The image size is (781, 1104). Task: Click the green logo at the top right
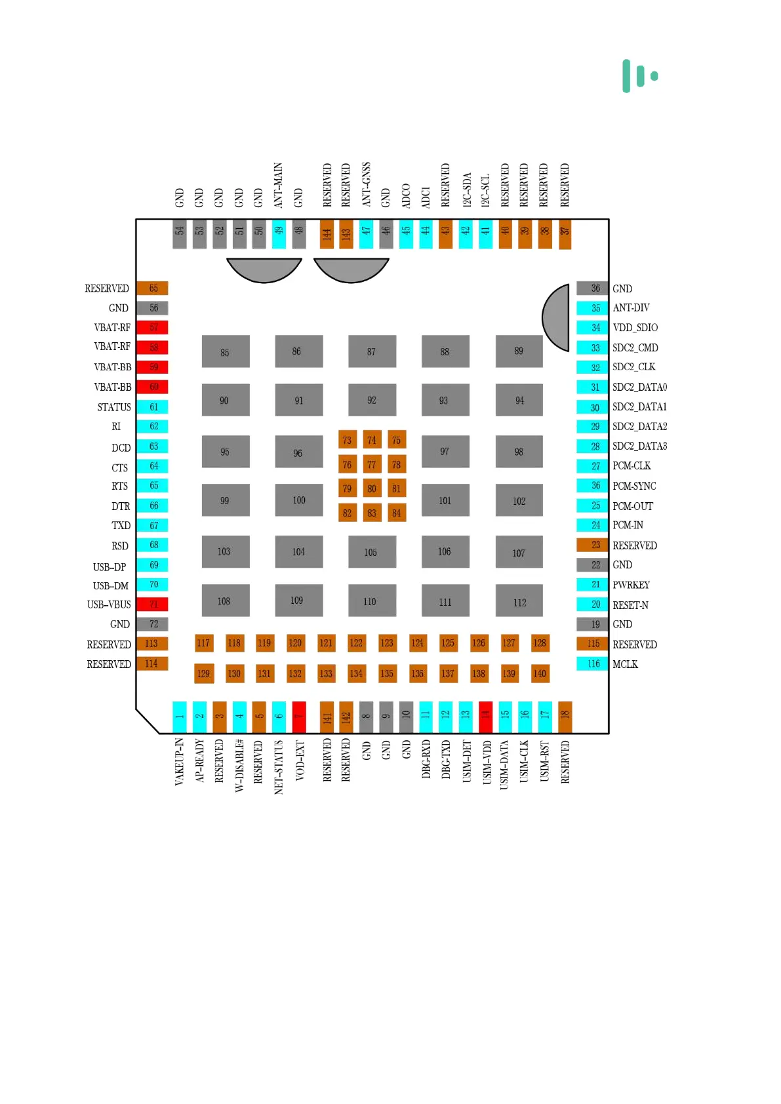[640, 75]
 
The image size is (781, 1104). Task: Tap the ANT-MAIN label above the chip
[278, 186]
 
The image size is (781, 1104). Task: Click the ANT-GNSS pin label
[366, 184]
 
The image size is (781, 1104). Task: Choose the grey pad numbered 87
[372, 351]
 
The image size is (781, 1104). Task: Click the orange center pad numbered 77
[372, 464]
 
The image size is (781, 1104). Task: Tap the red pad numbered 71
[153, 604]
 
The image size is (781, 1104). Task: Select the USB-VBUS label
[109, 604]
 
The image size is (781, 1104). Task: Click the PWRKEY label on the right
[631, 585]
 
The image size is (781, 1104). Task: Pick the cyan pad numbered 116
[593, 663]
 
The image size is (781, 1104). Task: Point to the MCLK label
[625, 664]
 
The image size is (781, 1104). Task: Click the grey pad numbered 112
[519, 602]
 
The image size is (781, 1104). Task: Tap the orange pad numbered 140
[540, 673]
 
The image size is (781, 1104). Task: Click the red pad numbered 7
[299, 716]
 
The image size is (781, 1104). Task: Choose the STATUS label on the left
[114, 407]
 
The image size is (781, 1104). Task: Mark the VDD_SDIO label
[635, 327]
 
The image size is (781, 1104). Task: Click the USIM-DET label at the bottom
[467, 761]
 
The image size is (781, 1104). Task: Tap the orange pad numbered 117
[203, 643]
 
